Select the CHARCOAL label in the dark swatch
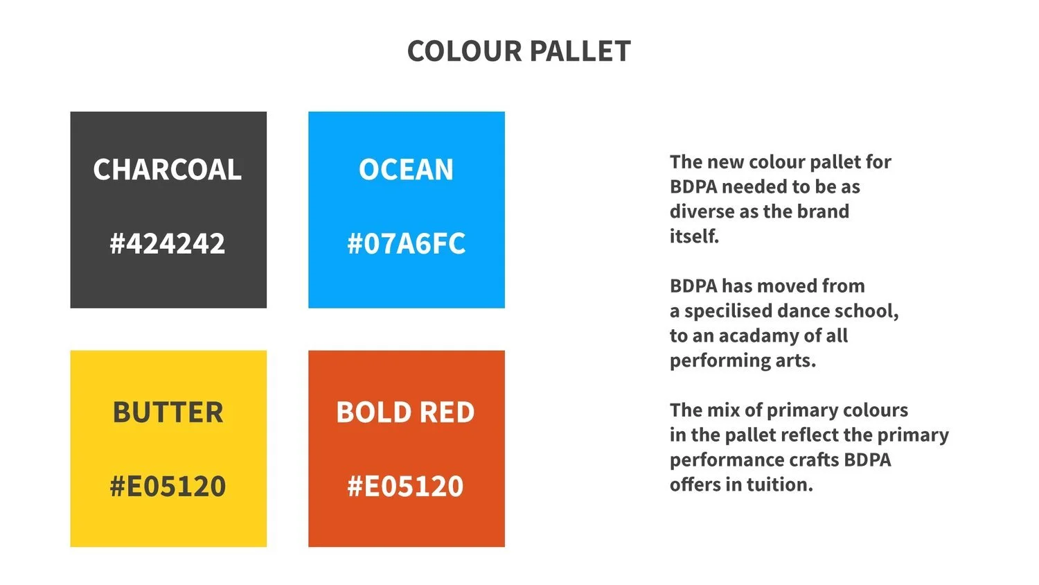click(168, 170)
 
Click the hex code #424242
click(168, 243)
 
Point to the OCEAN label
click(406, 170)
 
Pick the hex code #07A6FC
click(406, 243)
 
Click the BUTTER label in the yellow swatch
click(168, 412)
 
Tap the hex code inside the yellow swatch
click(168, 486)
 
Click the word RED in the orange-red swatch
click(447, 412)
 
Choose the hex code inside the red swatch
click(406, 486)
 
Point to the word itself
click(693, 236)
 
